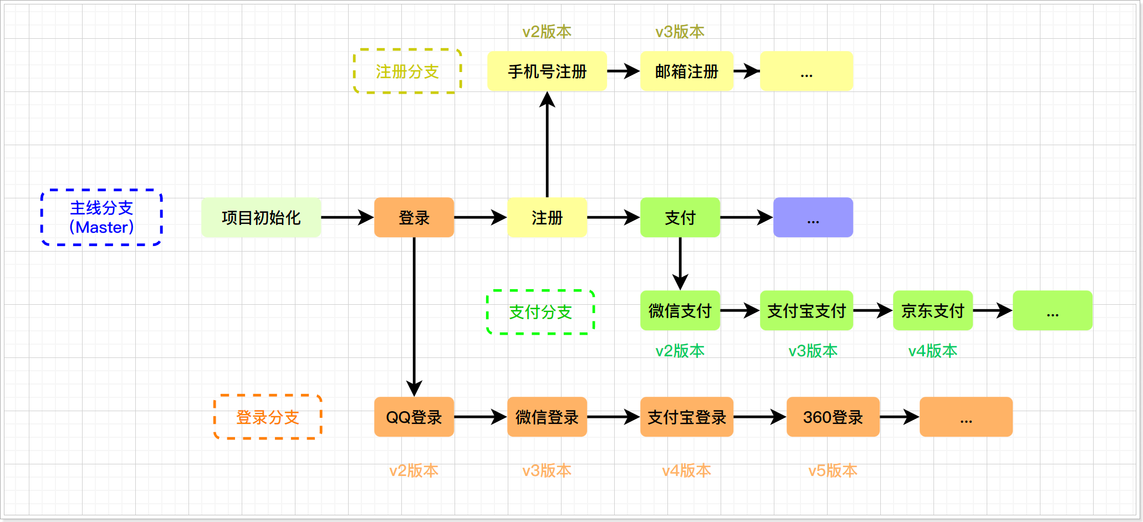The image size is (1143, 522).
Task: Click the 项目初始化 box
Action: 261,218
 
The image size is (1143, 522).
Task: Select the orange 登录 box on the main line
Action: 414,218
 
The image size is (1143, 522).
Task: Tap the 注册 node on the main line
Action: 547,218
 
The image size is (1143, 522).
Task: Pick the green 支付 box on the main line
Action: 680,218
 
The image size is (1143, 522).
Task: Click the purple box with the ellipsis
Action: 813,218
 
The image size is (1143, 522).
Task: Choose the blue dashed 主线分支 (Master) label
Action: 102,217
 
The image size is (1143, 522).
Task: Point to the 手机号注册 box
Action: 547,71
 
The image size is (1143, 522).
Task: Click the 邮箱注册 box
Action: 687,71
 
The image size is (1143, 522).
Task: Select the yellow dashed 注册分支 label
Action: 407,71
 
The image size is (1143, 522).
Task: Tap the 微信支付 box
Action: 680,311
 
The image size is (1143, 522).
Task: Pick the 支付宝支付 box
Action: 807,311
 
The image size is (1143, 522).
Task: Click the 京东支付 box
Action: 933,311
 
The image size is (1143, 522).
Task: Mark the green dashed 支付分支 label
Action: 540,312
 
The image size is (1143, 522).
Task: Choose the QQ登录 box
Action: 414,417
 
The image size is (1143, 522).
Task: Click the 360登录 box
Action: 833,417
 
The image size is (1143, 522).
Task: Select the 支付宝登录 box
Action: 687,417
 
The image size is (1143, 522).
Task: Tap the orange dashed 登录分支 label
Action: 268,417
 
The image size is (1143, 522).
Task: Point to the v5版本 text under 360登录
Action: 833,470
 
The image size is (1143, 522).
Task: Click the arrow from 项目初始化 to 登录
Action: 347,218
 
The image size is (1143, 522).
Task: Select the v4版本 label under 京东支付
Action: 933,351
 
